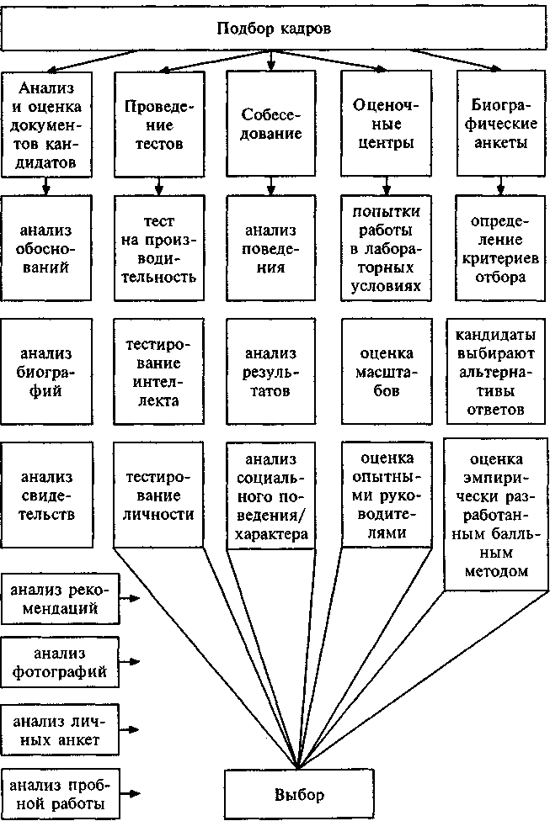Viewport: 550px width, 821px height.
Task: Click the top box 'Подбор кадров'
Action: (x=274, y=28)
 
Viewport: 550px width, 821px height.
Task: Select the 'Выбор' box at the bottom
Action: (x=298, y=793)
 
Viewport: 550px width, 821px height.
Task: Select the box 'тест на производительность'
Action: (x=159, y=248)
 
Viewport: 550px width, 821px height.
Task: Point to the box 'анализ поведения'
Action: (x=270, y=248)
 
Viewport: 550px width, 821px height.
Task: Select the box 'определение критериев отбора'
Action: (x=499, y=248)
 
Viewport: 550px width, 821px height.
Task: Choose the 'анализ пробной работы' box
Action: (x=59, y=793)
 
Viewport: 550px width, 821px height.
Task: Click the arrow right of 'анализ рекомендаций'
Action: (x=131, y=599)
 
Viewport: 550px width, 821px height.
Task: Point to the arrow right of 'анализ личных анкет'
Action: (x=131, y=728)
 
